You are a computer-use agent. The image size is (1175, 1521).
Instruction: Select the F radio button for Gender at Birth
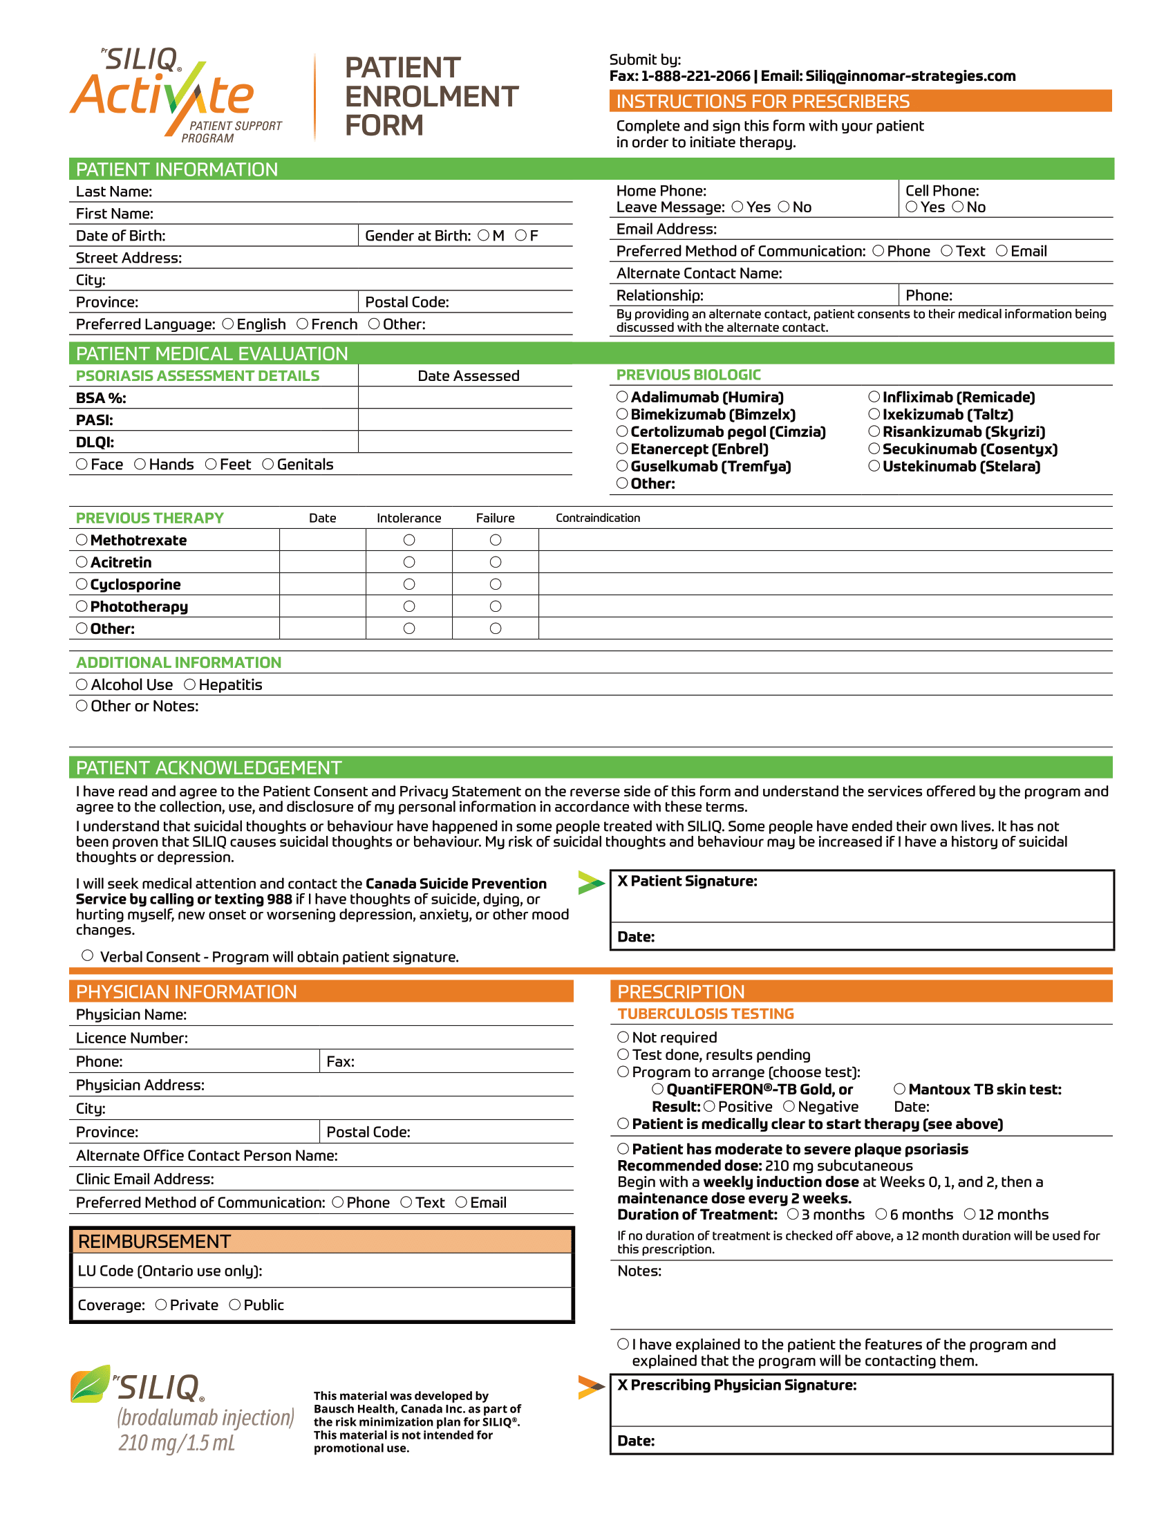click(520, 235)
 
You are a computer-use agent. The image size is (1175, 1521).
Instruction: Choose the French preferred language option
click(302, 324)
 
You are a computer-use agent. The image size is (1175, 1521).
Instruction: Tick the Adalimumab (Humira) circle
click(622, 397)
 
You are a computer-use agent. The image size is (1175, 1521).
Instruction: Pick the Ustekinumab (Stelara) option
click(874, 466)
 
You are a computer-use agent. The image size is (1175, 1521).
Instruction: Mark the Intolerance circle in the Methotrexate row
click(409, 541)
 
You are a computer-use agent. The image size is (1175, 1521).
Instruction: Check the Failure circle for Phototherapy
click(496, 606)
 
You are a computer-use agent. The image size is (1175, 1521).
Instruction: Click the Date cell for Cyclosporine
click(322, 584)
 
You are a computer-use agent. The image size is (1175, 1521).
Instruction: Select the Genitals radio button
click(268, 465)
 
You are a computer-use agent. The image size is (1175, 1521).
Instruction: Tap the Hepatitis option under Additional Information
click(189, 684)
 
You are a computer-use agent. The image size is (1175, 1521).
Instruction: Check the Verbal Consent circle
click(88, 955)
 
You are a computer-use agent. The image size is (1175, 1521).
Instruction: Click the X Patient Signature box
click(862, 898)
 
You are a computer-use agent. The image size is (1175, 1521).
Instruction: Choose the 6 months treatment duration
click(881, 1214)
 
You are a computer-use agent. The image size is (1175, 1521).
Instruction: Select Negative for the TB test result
click(789, 1107)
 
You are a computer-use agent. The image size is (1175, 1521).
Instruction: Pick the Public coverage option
click(235, 1305)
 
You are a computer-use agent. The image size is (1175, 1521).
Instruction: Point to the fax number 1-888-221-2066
click(695, 76)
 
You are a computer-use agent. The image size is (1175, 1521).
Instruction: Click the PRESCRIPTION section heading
click(681, 991)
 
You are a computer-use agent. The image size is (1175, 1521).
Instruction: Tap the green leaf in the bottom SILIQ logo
click(91, 1384)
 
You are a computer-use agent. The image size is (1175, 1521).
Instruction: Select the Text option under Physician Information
click(406, 1203)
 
